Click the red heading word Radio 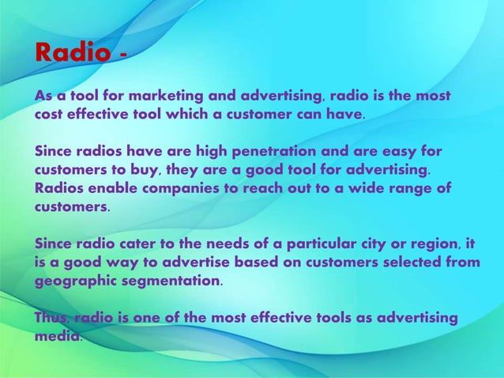tap(73, 54)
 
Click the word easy tap(394, 150)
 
